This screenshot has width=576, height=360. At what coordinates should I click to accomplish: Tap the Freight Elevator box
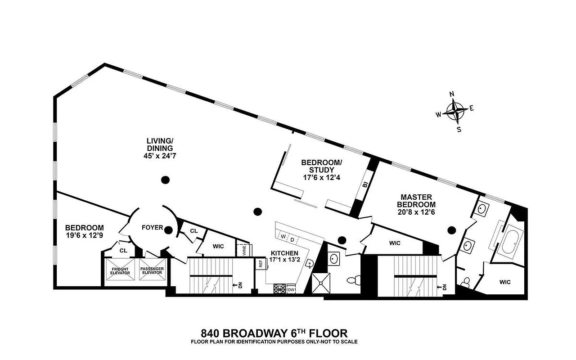120,270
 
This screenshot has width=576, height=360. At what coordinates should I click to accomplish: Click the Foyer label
152,227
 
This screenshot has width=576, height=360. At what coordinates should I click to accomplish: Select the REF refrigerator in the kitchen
260,265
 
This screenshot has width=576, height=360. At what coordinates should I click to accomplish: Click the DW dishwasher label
291,290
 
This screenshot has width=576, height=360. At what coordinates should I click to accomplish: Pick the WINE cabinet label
244,250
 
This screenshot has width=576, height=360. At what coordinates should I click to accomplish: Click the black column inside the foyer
168,230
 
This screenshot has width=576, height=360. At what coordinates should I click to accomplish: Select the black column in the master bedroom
451,230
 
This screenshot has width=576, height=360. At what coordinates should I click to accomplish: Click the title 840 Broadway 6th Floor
274,333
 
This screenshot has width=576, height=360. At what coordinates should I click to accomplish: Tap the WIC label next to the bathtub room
505,282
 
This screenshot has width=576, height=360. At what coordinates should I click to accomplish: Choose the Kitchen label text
283,253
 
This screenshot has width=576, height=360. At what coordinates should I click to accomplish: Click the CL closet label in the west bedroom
124,250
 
